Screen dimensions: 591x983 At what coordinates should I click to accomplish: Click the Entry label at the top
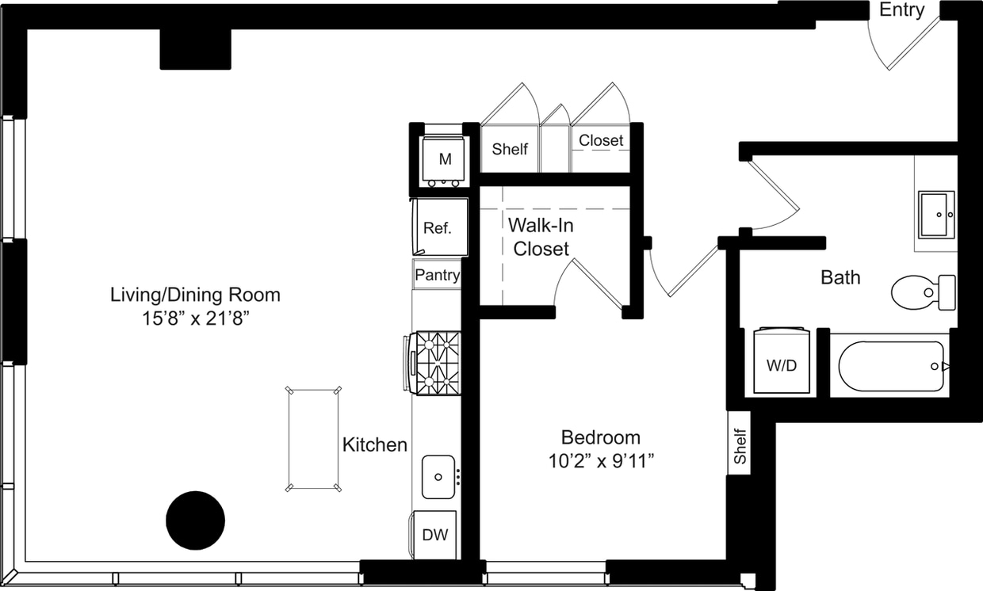[902, 10]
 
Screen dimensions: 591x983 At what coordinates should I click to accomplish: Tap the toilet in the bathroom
[922, 292]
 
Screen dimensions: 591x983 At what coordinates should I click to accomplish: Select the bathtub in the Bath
[891, 366]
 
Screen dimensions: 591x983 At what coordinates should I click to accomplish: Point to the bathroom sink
[936, 214]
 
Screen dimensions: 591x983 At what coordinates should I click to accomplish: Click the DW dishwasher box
[434, 535]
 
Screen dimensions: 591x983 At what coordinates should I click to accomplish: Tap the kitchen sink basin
[438, 476]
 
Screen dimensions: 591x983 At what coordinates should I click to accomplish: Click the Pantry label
[437, 275]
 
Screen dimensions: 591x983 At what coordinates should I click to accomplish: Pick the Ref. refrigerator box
[438, 227]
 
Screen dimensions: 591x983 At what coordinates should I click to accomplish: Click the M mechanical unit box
[445, 159]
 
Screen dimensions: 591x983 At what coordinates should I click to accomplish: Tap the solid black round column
[195, 520]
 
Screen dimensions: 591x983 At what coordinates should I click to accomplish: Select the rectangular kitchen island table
[314, 439]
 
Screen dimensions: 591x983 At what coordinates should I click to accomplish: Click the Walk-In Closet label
[541, 237]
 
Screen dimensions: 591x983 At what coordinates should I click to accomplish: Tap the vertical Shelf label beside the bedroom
[740, 447]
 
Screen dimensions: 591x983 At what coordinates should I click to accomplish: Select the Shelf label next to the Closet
[509, 149]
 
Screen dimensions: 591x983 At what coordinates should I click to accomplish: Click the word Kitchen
[374, 445]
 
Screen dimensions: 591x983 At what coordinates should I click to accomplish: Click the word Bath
[840, 277]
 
